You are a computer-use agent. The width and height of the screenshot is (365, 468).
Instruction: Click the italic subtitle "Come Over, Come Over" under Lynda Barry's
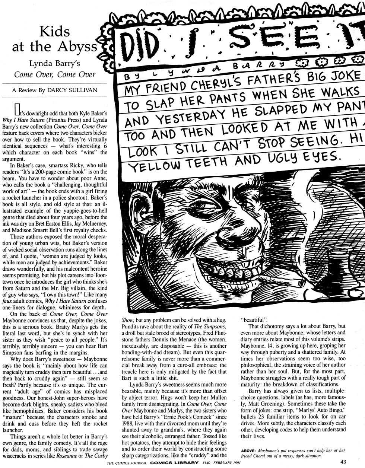point(55,74)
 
